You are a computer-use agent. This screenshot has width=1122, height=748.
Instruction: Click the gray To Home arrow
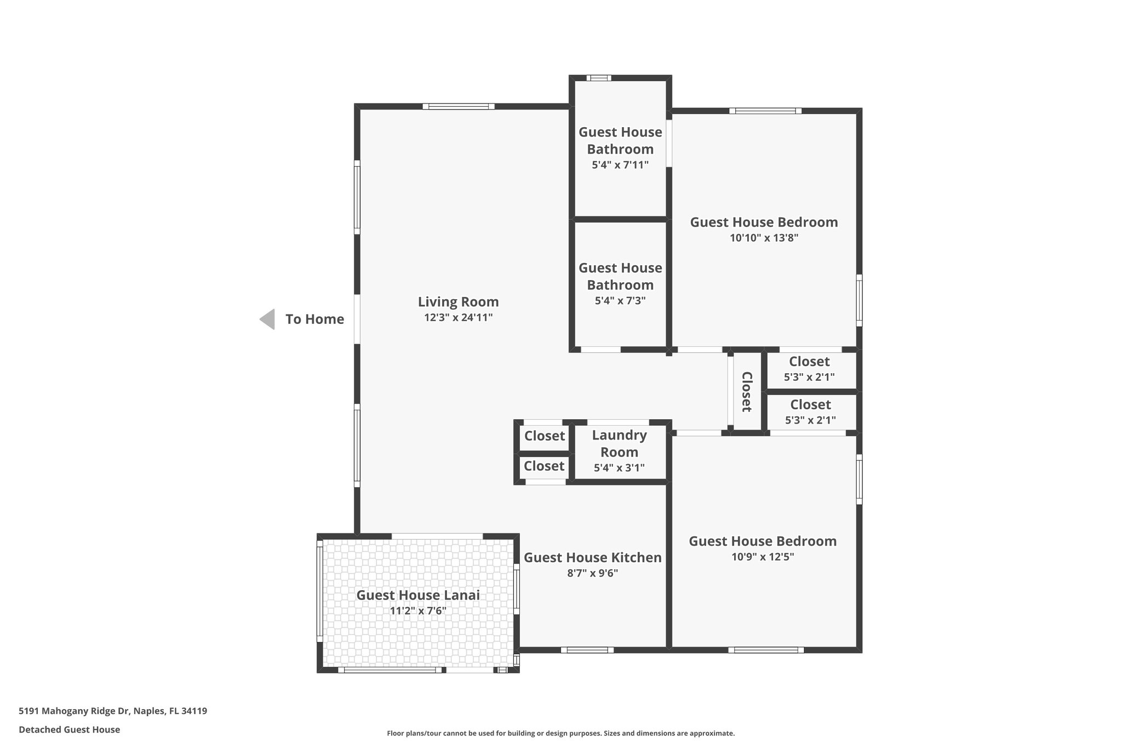(x=267, y=319)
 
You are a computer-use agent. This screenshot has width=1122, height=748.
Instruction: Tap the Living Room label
(x=458, y=302)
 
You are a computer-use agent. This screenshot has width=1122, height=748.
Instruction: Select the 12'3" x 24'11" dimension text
(x=458, y=317)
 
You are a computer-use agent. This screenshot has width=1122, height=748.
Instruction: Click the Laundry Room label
(x=619, y=443)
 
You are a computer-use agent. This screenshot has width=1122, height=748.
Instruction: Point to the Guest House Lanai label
(x=418, y=595)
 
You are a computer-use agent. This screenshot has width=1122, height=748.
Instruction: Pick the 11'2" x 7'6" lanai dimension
(x=418, y=610)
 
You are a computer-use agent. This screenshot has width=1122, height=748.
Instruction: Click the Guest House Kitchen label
(x=592, y=557)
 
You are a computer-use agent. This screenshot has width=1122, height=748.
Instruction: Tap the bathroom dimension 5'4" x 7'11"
(x=620, y=164)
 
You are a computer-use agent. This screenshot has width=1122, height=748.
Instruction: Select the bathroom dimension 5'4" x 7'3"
(x=620, y=300)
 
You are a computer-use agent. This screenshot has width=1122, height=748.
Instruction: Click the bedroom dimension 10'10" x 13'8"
(x=764, y=238)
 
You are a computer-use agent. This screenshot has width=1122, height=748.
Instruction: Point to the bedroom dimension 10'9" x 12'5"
(x=763, y=557)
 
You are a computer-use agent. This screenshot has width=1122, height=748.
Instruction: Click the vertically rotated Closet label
(x=747, y=392)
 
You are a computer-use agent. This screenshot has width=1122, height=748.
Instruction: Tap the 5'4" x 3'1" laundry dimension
(x=619, y=468)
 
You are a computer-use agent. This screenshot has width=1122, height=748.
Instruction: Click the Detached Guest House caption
(x=69, y=729)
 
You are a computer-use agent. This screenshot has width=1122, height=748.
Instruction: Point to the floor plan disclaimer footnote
(x=560, y=733)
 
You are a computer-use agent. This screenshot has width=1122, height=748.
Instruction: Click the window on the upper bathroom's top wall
(x=598, y=78)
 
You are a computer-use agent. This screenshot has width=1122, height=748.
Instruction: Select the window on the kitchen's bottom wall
(x=587, y=650)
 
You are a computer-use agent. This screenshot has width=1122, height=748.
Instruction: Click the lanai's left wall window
(x=320, y=591)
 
